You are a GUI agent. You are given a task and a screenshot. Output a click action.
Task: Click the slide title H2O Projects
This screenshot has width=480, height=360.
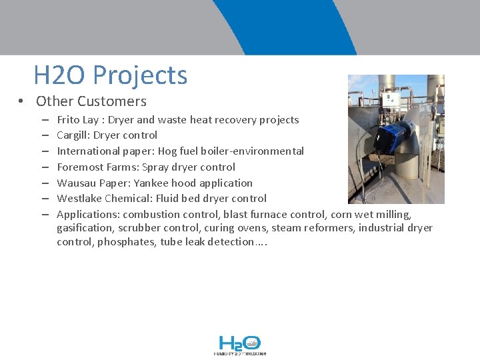coord(110,75)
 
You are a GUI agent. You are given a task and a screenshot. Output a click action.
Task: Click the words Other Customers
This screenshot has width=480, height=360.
coord(91,101)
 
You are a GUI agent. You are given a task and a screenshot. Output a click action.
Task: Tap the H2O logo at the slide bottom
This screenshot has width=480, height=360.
coord(240,345)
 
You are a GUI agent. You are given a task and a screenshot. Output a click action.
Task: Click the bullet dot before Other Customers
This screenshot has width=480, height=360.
coord(22,102)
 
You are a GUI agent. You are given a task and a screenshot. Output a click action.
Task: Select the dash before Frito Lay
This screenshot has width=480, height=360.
coord(43,121)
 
